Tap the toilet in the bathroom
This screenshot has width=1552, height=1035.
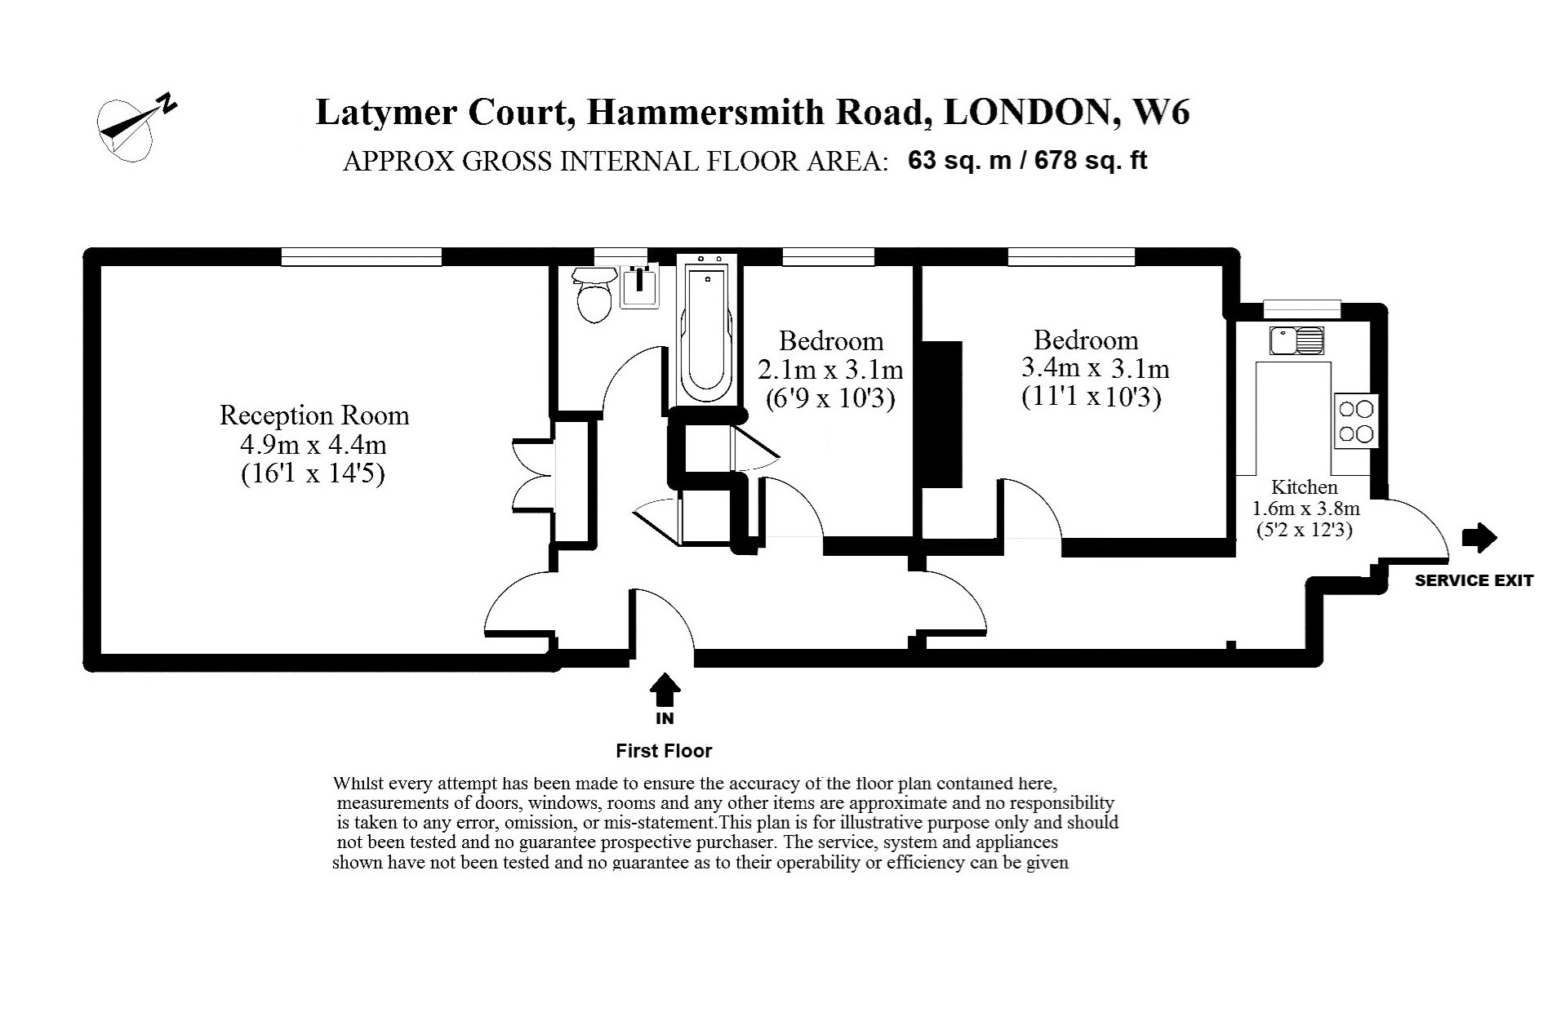[x=594, y=295]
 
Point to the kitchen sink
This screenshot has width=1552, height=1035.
[x=1296, y=340]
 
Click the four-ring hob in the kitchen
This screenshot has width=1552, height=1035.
[x=1356, y=420]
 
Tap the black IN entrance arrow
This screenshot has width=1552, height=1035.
[x=665, y=690]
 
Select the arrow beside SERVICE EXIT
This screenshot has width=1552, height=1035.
[x=1479, y=537]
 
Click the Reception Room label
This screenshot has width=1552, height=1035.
[x=314, y=415]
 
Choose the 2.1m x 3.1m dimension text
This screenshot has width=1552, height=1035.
[x=830, y=370]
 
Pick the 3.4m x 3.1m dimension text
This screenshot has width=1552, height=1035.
[x=1095, y=368]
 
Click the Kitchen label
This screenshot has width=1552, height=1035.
[x=1305, y=487]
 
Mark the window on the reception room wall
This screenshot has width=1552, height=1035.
[x=362, y=257]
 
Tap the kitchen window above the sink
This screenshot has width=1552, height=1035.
[x=1301, y=309]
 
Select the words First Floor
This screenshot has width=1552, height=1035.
[x=664, y=750]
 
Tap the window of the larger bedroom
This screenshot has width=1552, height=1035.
[x=1071, y=257]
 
